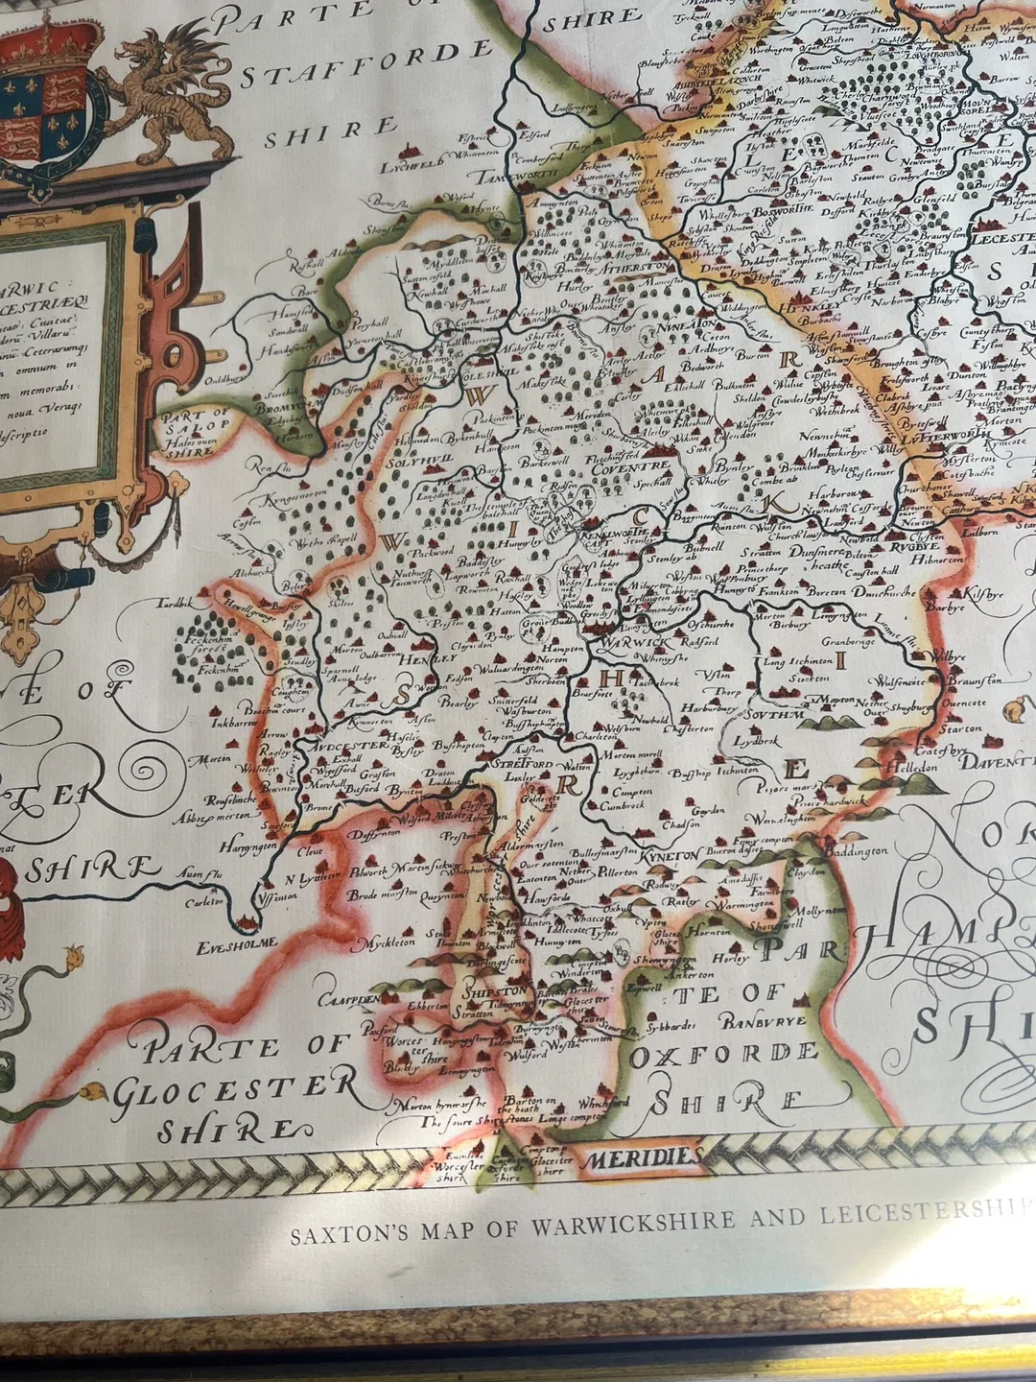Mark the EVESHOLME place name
pyautogui.click(x=238, y=943)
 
